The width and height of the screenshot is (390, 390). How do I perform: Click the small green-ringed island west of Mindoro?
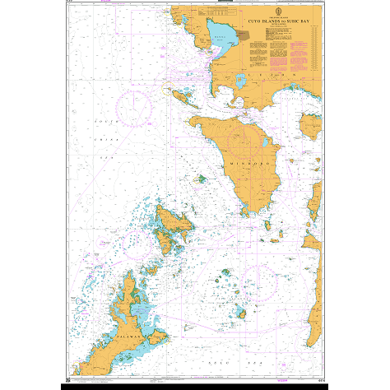click(x=200, y=178)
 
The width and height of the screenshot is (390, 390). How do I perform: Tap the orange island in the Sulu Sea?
click(x=241, y=312)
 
